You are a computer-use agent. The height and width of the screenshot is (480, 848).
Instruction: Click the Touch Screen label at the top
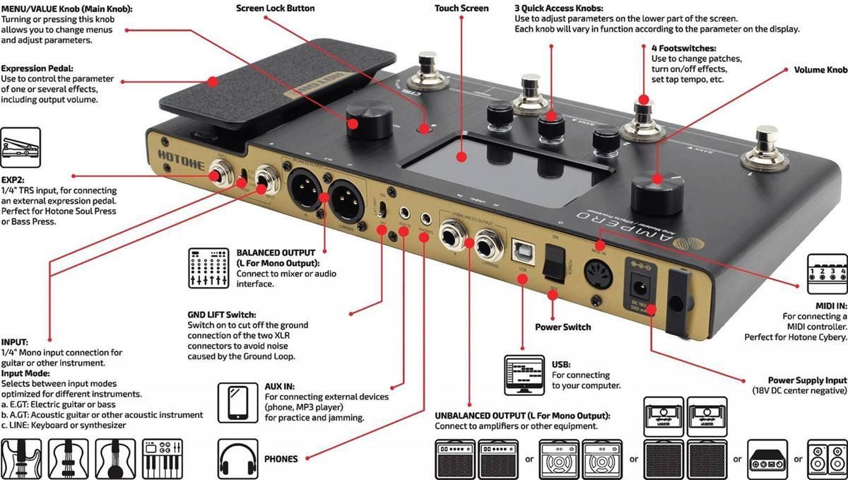click(461, 8)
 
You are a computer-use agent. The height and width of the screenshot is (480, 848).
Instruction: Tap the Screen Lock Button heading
click(276, 8)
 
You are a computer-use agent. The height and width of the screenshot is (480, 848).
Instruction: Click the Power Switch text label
click(563, 327)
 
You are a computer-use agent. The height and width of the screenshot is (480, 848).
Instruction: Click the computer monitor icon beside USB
click(524, 375)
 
